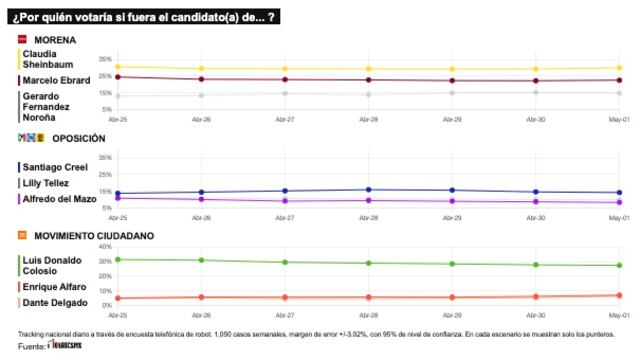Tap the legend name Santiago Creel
(x=54, y=167)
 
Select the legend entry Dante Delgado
(x=52, y=303)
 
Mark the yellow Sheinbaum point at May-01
(x=619, y=68)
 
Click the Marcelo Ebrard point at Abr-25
(x=117, y=77)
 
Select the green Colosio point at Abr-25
(x=117, y=259)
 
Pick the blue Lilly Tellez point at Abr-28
(x=368, y=189)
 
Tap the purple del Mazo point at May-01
(x=619, y=202)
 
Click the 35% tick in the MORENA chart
(x=105, y=59)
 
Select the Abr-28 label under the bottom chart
(x=368, y=313)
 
